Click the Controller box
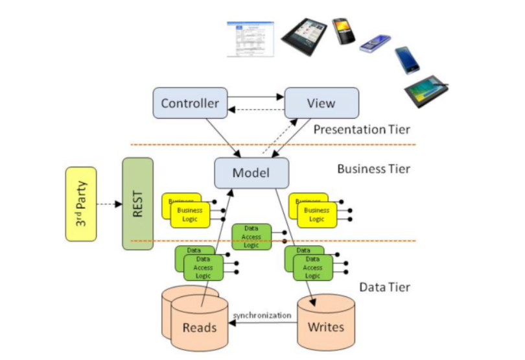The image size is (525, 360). pyautogui.click(x=190, y=103)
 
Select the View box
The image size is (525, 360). pyautogui.click(x=321, y=103)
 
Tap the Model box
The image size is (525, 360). pyautogui.click(x=251, y=173)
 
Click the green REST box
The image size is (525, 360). pyautogui.click(x=137, y=204)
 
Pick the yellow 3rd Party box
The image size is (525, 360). pyautogui.click(x=81, y=204)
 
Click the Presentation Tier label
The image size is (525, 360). pyautogui.click(x=362, y=130)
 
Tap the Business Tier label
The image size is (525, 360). pyautogui.click(x=373, y=169)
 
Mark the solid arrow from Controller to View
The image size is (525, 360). pyautogui.click(x=256, y=98)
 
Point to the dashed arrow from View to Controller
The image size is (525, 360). pyautogui.click(x=256, y=109)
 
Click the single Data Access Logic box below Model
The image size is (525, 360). pyautogui.click(x=251, y=237)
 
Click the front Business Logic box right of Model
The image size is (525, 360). pyautogui.click(x=317, y=215)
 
